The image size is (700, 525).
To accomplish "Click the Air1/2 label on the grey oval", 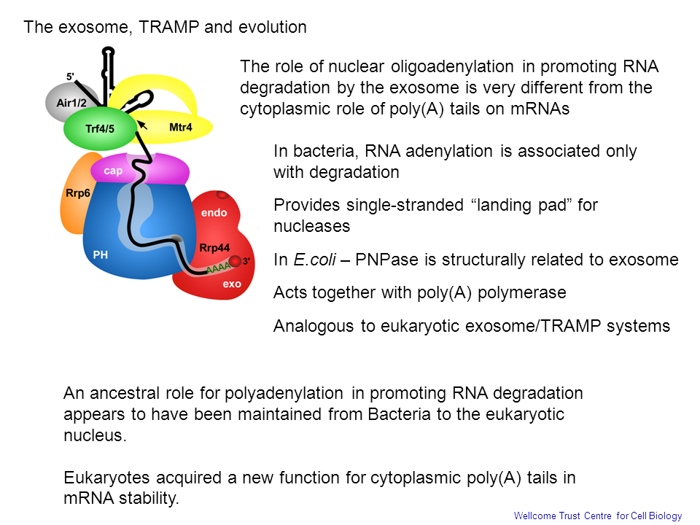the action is pos(71,103).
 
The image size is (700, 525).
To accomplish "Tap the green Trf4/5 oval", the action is pos(100,128).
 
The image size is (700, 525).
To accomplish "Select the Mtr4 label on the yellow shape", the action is pos(181,127).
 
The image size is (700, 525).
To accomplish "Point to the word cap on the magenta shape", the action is pos(114,171).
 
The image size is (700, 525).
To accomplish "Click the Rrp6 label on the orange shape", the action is pos(78,193).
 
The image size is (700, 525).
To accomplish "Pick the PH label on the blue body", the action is pos(101,255).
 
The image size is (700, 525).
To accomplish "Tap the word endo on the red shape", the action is pos(214,213).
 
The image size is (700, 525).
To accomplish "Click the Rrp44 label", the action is pos(214,248).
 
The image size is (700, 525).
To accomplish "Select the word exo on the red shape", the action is pos(232,284).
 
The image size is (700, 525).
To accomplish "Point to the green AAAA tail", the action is pos(218,268).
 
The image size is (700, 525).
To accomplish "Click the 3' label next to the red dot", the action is pos(246,261).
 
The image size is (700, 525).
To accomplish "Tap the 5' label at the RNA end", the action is pos(70,77).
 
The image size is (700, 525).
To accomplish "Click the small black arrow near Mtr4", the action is pos(142,125).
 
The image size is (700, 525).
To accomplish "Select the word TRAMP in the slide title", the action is pos(168,27).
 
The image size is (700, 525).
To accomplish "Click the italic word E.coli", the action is pos(315,260).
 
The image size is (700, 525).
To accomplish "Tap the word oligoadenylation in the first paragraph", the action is pos(452,67).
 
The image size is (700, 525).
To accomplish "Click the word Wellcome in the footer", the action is pos(534,516).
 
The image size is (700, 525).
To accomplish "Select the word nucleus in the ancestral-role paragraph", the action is pos(95,435).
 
